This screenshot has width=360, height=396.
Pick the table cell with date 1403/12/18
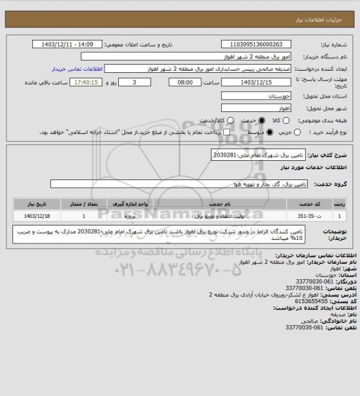point(34,216)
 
